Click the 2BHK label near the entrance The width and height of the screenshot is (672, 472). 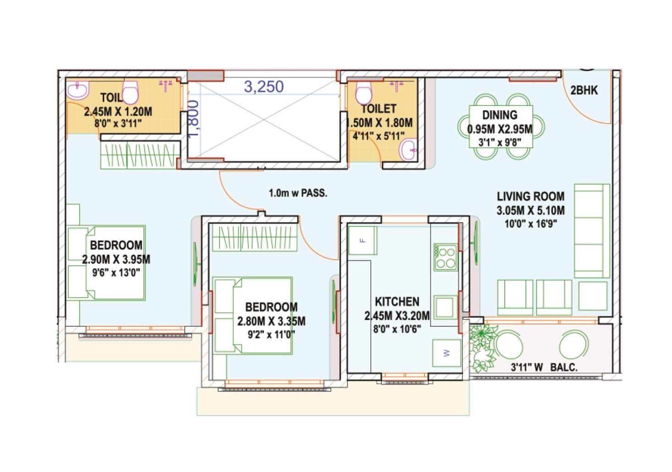[584, 90]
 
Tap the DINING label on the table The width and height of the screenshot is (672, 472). [500, 115]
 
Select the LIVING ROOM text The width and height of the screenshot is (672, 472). [530, 197]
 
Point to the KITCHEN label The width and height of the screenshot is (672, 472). [397, 302]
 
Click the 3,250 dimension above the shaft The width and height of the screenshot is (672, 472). [264, 87]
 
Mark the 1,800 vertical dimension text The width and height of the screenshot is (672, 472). [193, 119]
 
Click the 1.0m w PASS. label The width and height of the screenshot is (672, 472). [298, 193]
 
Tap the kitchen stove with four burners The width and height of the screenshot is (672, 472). [445, 257]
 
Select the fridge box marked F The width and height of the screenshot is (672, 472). [363, 240]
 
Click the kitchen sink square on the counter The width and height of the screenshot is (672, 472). [444, 307]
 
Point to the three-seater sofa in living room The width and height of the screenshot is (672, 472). [591, 231]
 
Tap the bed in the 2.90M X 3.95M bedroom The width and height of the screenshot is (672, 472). [106, 263]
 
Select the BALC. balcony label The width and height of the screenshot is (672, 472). [563, 367]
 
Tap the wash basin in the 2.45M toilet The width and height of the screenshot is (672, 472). [77, 90]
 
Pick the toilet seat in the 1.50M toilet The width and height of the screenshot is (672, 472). [364, 93]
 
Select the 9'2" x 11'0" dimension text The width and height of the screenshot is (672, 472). [271, 335]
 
